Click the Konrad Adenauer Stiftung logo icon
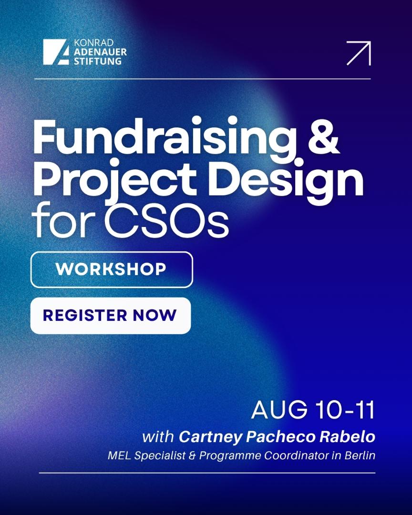56,52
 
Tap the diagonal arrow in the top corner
359,53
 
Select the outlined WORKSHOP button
112,269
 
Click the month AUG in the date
279,410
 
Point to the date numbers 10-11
345,410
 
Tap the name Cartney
210,437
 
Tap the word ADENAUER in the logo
100,52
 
